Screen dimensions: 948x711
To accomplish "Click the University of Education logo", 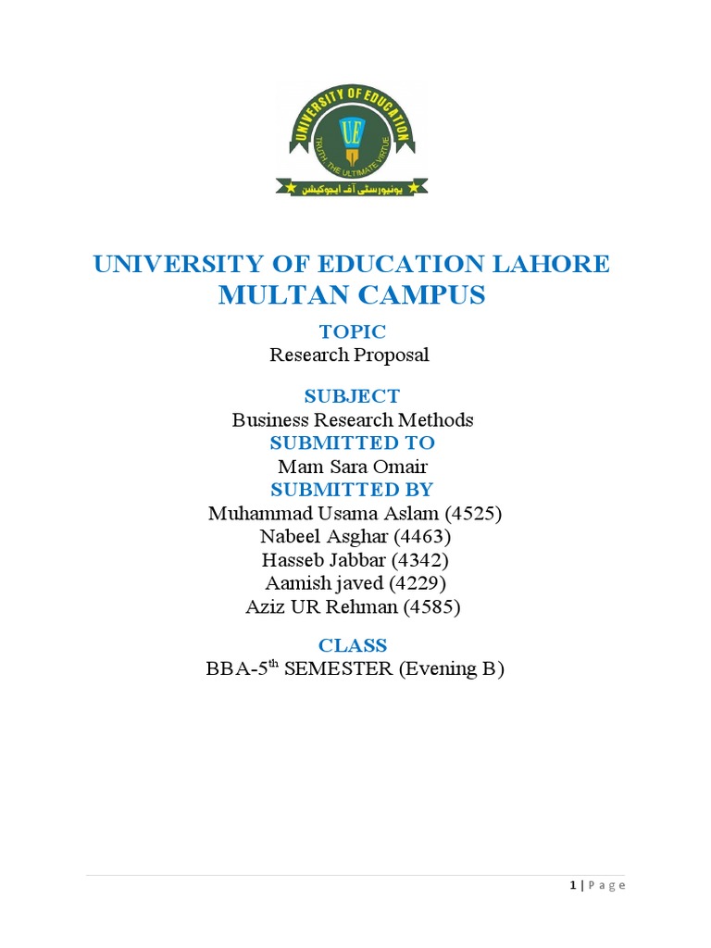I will (x=352, y=139).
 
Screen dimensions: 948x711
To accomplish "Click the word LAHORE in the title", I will (x=554, y=264).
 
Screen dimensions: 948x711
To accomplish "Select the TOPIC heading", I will (x=352, y=331).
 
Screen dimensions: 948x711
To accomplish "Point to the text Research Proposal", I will (x=350, y=355).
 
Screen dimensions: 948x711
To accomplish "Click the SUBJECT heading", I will (x=352, y=396).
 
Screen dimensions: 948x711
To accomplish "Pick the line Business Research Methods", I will (x=353, y=419).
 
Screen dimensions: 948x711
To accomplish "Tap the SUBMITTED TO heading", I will (x=352, y=443).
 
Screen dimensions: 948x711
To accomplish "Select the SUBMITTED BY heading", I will (x=352, y=489).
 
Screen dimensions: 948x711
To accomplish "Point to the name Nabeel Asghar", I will (x=318, y=536).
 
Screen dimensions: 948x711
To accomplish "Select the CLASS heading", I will (x=353, y=645).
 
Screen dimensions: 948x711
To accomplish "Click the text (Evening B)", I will (x=451, y=669).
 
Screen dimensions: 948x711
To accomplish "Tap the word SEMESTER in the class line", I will (x=339, y=669).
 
